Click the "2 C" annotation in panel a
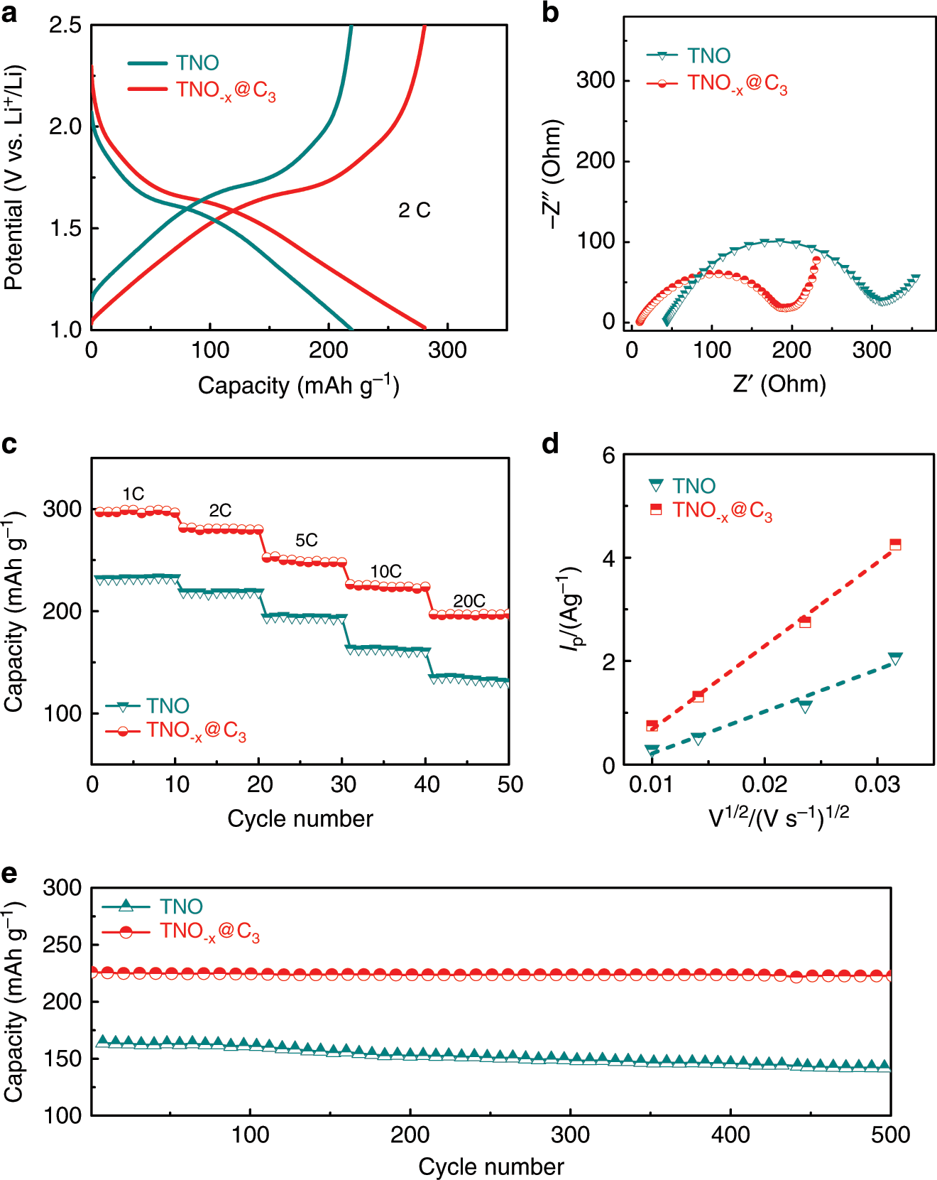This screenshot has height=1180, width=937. [x=414, y=210]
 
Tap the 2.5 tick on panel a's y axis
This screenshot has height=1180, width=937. [x=65, y=26]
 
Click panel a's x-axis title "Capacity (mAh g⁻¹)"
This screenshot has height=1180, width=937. [x=298, y=386]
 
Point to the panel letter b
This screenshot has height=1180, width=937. [x=550, y=13]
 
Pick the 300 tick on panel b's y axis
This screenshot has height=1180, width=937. [x=595, y=80]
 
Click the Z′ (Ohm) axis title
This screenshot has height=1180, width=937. [x=779, y=384]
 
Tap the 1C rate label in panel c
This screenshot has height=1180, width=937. [x=133, y=494]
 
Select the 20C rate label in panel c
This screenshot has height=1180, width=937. [x=469, y=601]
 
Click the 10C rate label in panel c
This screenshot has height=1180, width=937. [x=385, y=571]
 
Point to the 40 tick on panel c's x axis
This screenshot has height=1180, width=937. [x=427, y=784]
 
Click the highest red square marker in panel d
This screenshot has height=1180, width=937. [x=895, y=544]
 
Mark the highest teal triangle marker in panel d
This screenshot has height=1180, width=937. [x=895, y=659]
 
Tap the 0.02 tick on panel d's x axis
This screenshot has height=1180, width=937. [x=765, y=784]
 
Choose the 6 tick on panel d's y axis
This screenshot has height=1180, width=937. [x=608, y=455]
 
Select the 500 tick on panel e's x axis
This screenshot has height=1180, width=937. [x=890, y=1135]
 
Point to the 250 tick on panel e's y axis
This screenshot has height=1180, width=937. [x=62, y=945]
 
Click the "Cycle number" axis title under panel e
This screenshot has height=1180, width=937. [x=491, y=1166]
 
